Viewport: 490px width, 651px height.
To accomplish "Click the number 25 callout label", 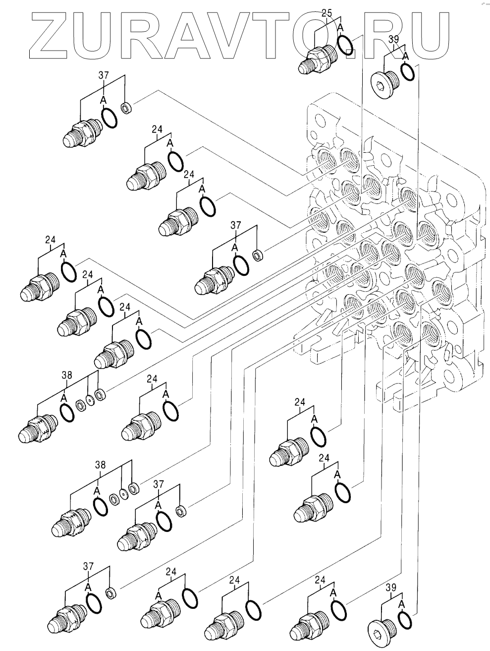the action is pyautogui.click(x=327, y=13).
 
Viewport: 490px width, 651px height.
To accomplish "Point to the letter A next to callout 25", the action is pyautogui.click(x=340, y=28).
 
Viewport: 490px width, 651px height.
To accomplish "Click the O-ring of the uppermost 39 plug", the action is pyautogui.click(x=408, y=71).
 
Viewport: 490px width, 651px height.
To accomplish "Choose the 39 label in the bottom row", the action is pyautogui.click(x=391, y=588).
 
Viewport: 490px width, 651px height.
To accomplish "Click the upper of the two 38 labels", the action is pyautogui.click(x=67, y=375).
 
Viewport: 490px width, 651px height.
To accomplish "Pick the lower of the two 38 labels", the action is pyautogui.click(x=100, y=465).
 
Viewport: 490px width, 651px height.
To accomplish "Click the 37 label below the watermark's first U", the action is pyautogui.click(x=104, y=75).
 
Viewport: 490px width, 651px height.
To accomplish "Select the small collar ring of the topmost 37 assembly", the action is pyautogui.click(x=127, y=107).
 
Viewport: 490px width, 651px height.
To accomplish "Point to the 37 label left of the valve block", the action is pyautogui.click(x=236, y=225).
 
